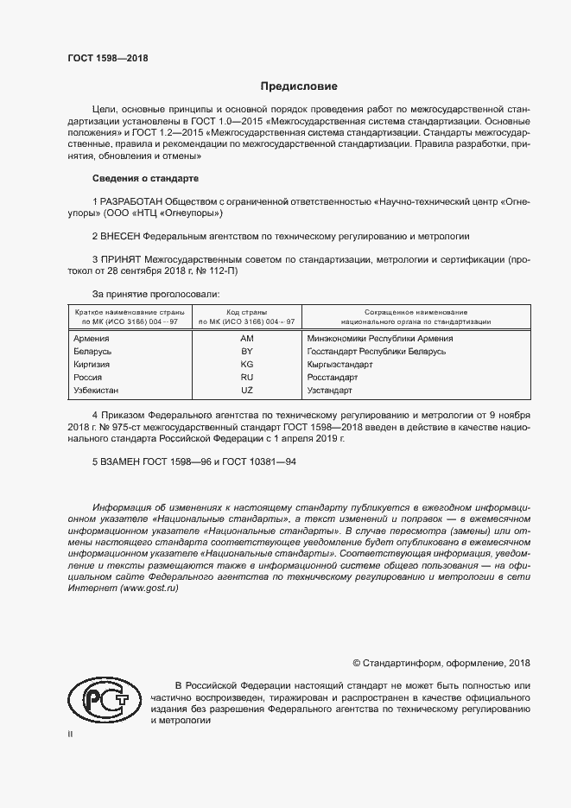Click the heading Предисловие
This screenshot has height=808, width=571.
[300, 86]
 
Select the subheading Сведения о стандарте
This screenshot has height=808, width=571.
[145, 178]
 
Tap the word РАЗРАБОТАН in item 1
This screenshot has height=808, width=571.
[131, 201]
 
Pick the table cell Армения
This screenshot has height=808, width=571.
[92, 339]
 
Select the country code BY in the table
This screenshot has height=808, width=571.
[246, 352]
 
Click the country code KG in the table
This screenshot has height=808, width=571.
[246, 365]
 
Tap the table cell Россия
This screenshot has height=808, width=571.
[89, 378]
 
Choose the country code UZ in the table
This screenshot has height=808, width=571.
[246, 391]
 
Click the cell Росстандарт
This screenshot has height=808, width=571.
[333, 378]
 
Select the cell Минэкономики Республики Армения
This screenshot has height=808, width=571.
[379, 339]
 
